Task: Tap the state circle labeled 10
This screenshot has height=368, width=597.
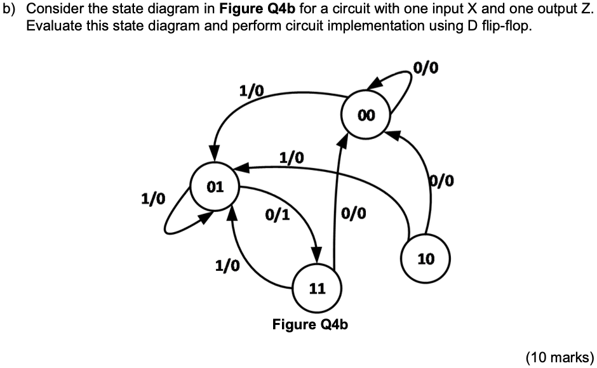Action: click(426, 258)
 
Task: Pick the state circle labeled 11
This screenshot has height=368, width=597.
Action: click(317, 288)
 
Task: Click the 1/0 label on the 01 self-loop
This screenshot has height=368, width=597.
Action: click(152, 199)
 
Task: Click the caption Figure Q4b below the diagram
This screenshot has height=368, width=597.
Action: click(311, 325)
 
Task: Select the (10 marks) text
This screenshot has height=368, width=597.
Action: click(560, 357)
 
